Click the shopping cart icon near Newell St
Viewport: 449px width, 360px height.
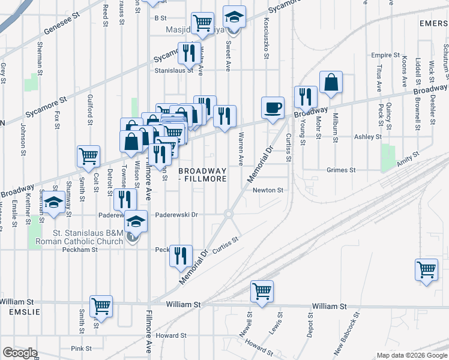click(262, 291)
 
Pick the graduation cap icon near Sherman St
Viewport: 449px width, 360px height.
click(55, 202)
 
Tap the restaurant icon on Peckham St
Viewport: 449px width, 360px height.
click(181, 256)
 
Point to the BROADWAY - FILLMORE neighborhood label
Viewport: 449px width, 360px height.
click(203, 175)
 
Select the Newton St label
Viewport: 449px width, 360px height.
click(268, 190)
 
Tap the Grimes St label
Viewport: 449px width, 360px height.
click(341, 170)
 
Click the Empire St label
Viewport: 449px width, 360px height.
click(385, 55)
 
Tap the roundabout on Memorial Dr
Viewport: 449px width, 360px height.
click(228, 214)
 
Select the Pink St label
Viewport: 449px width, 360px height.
click(81, 348)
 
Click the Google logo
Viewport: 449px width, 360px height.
click(20, 353)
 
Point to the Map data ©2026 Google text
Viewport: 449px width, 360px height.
click(411, 355)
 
